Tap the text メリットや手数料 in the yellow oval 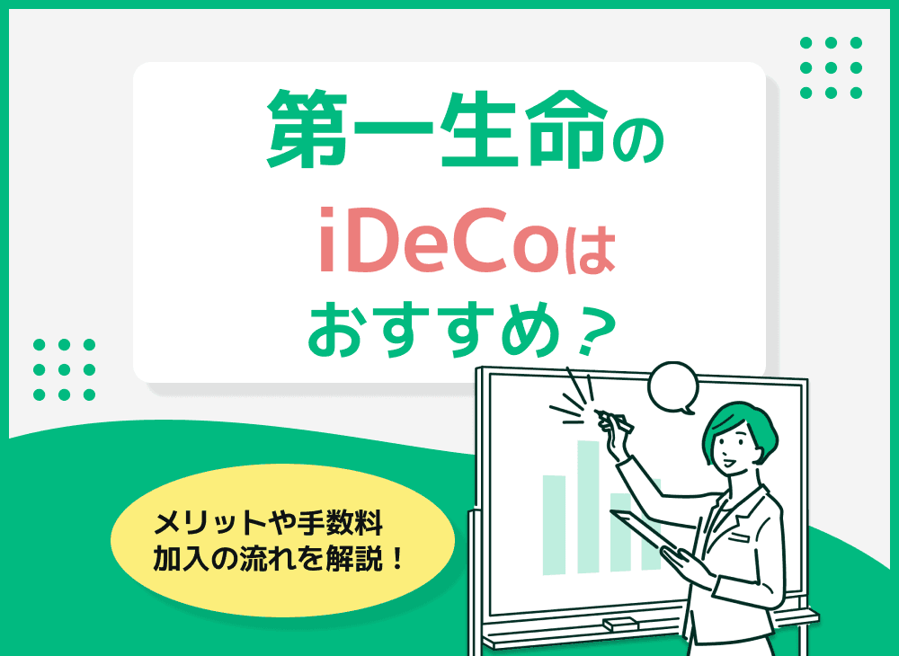point(270,521)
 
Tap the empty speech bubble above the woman point(672,386)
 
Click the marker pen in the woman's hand point(614,418)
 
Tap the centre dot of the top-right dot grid point(831,67)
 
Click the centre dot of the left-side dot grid point(64,368)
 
